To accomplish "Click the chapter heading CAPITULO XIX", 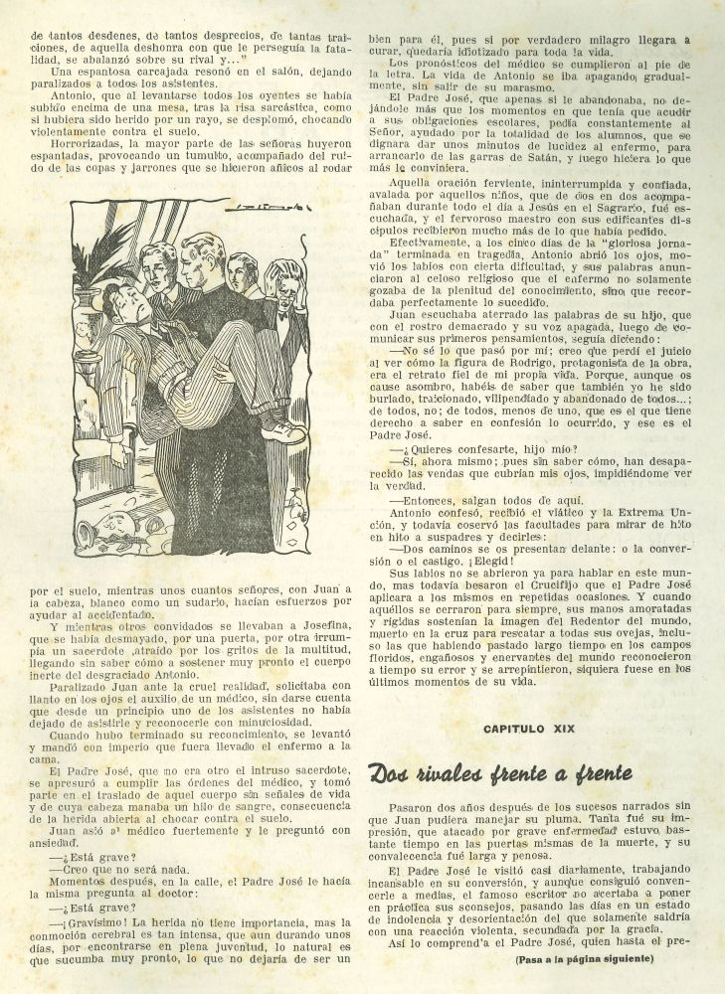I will point(542,729).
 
